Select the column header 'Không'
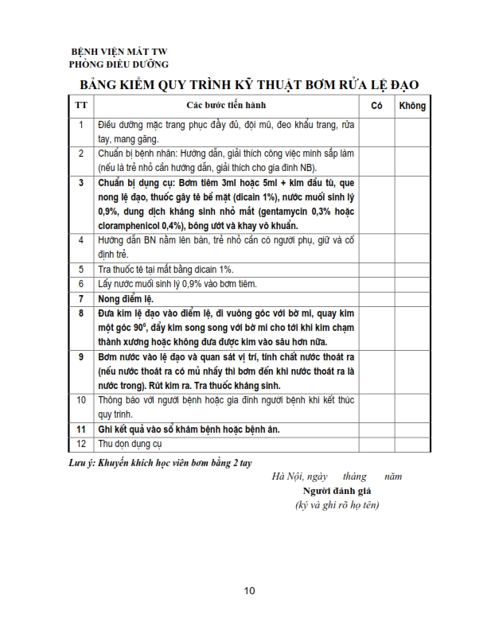412,105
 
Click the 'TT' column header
80,105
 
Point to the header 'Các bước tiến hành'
227,105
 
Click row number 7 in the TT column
80,298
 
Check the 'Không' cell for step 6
412,284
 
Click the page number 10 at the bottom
249,590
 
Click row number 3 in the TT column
80,182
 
